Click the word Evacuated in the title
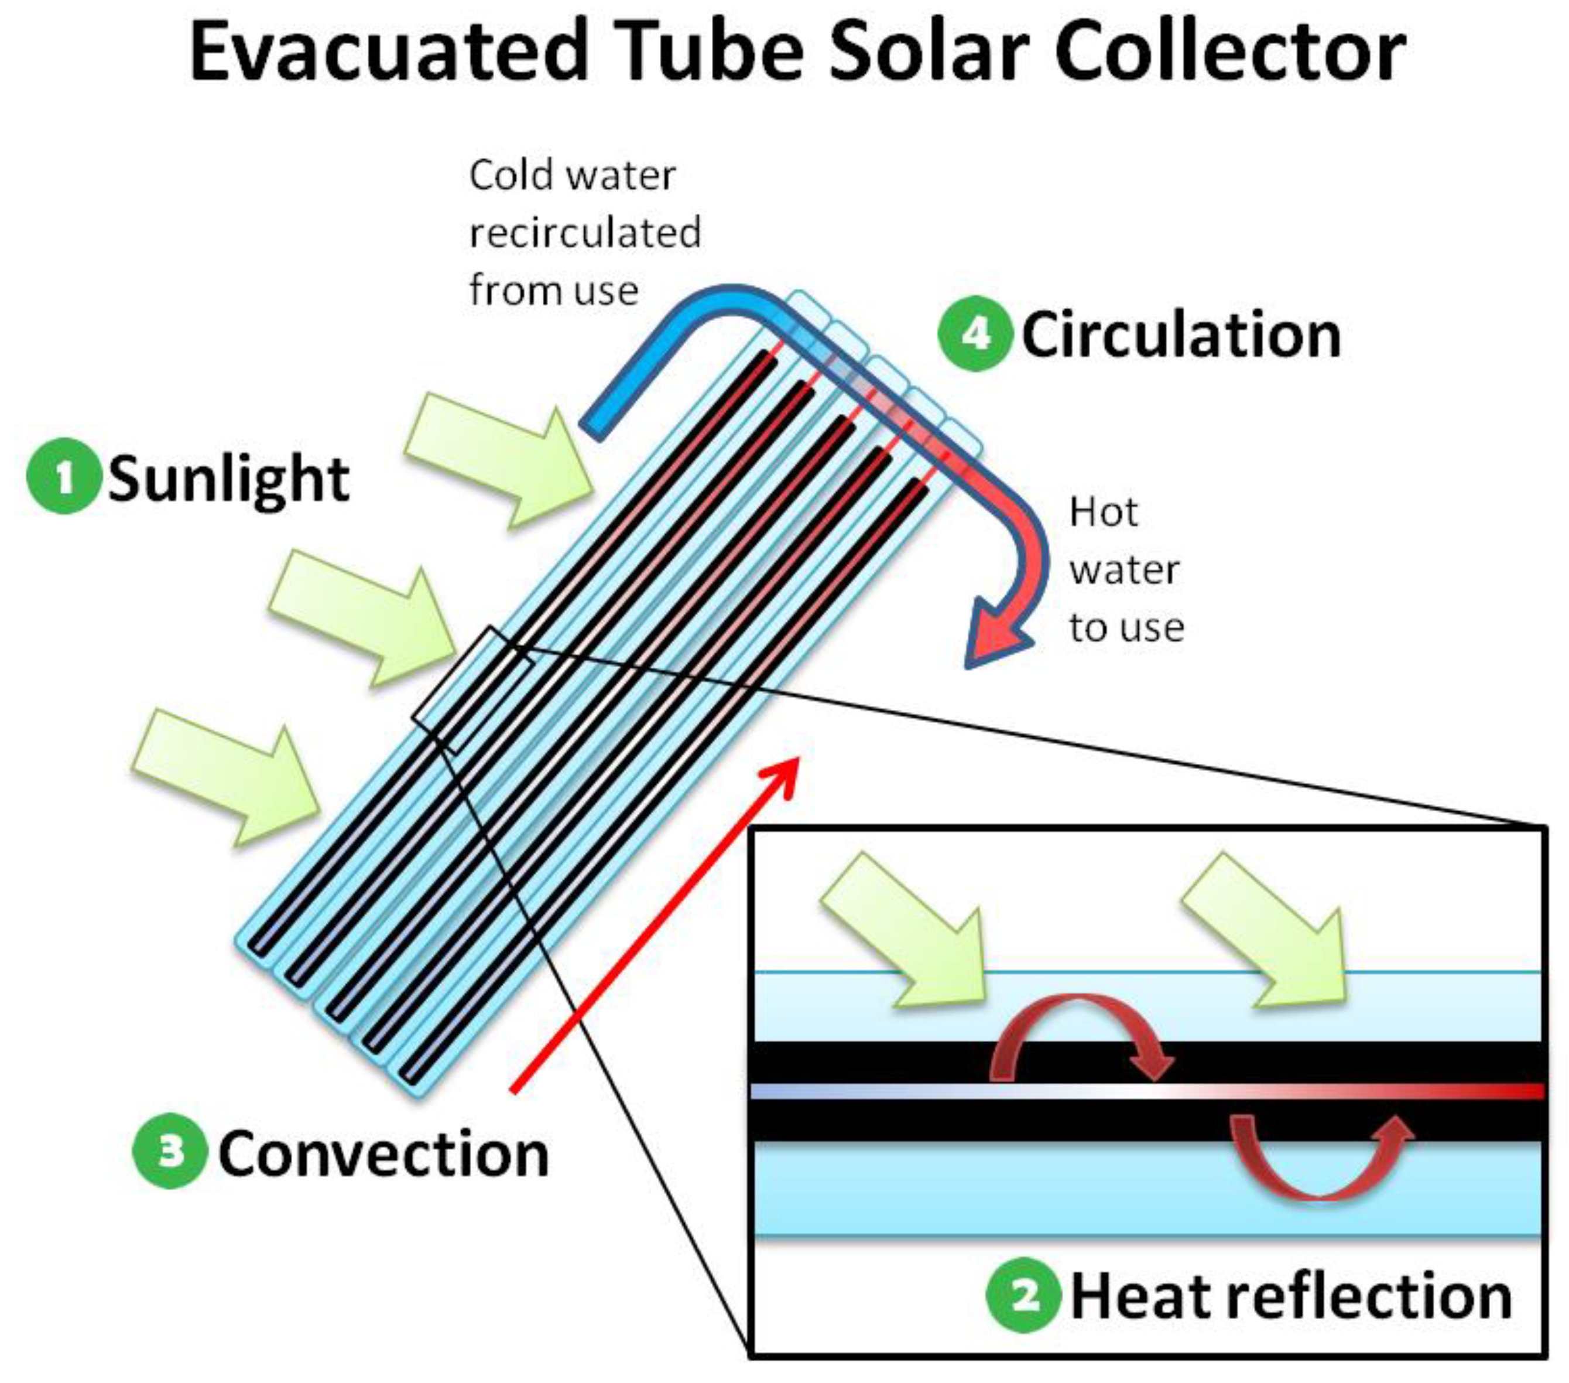(x=388, y=52)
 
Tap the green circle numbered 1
(x=63, y=476)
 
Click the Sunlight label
(x=229, y=477)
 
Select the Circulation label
(x=1181, y=336)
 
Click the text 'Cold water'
(x=573, y=176)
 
